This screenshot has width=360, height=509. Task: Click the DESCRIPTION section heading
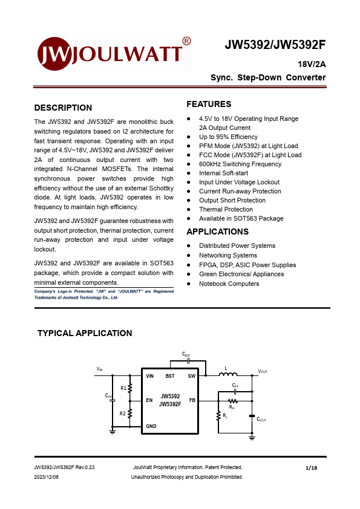point(63,108)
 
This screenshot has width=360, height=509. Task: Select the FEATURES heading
point(209,104)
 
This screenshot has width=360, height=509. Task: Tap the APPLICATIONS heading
point(217,232)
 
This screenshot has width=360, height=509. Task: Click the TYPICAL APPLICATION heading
point(85,333)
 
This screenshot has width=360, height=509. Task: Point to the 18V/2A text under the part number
point(311,64)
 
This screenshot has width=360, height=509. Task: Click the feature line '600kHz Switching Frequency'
point(240,164)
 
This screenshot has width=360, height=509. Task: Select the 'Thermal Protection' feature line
point(226,209)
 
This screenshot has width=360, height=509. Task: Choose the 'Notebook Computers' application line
point(229,284)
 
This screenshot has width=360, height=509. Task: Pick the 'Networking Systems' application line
point(227,255)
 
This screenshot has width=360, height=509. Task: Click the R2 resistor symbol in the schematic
point(130,413)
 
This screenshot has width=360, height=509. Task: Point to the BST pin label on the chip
point(170,376)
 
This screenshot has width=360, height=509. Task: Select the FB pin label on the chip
point(192,400)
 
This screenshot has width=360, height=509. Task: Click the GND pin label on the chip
point(151,426)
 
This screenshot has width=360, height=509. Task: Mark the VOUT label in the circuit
point(263,371)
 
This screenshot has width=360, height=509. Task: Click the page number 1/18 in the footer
point(312,467)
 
